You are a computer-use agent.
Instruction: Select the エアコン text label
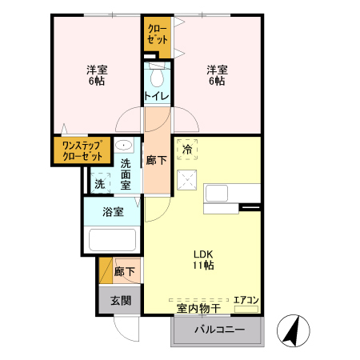(245, 300)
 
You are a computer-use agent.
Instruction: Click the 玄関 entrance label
(121, 301)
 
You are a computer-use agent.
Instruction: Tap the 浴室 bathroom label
(113, 212)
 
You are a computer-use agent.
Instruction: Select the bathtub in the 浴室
(113, 240)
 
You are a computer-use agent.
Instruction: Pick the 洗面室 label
(126, 174)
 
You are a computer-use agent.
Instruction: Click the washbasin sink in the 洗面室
(126, 146)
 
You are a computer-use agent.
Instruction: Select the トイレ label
(156, 98)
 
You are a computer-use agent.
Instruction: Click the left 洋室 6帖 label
(98, 74)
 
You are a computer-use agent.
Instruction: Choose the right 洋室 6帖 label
(217, 74)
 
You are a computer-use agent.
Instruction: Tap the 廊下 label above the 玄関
(124, 272)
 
